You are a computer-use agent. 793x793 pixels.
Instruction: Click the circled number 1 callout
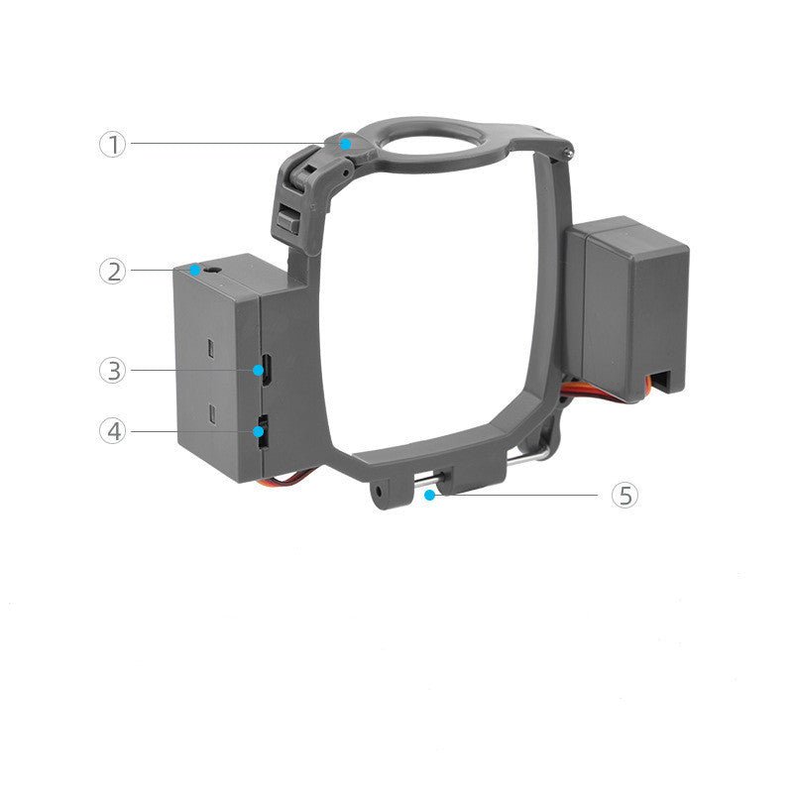click(112, 144)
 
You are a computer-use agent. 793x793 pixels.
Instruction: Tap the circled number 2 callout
click(112, 271)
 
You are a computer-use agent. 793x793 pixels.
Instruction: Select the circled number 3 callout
click(112, 371)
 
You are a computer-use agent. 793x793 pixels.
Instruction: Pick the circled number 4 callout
click(112, 431)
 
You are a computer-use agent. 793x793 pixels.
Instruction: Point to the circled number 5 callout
click(623, 495)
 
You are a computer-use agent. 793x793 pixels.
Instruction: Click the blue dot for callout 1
click(345, 144)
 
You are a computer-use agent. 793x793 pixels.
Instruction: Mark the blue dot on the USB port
click(263, 371)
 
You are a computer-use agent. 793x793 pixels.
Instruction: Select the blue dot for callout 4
click(261, 431)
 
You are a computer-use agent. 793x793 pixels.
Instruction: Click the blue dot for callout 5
click(428, 493)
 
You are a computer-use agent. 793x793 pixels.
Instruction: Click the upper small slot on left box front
click(212, 348)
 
